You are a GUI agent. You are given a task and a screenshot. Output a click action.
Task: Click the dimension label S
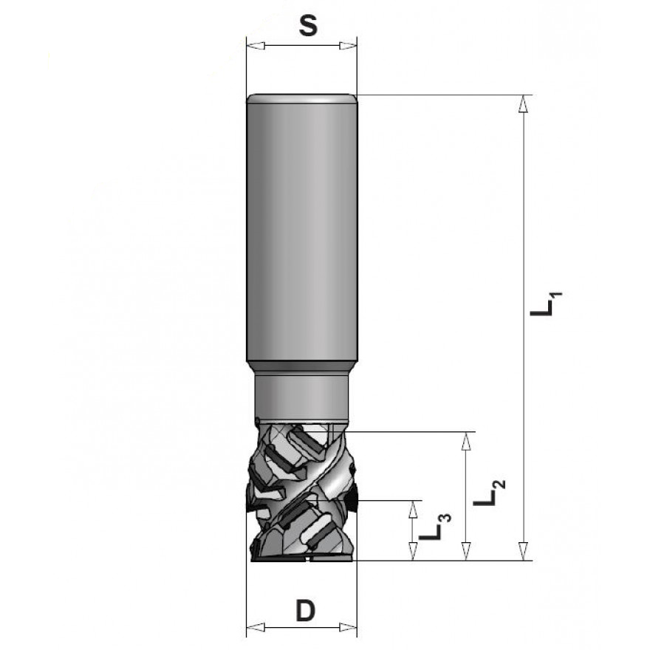click(x=309, y=27)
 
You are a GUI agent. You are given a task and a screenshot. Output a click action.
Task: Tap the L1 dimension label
click(x=547, y=304)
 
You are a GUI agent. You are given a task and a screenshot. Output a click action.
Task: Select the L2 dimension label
click(x=489, y=493)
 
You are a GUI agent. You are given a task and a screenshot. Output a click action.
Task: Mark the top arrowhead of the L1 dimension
click(x=524, y=104)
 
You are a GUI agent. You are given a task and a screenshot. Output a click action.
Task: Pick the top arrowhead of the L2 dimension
click(x=466, y=441)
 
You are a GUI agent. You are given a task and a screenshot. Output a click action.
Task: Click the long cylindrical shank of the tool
click(x=301, y=229)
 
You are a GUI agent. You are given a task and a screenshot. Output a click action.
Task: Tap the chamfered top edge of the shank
click(x=301, y=97)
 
